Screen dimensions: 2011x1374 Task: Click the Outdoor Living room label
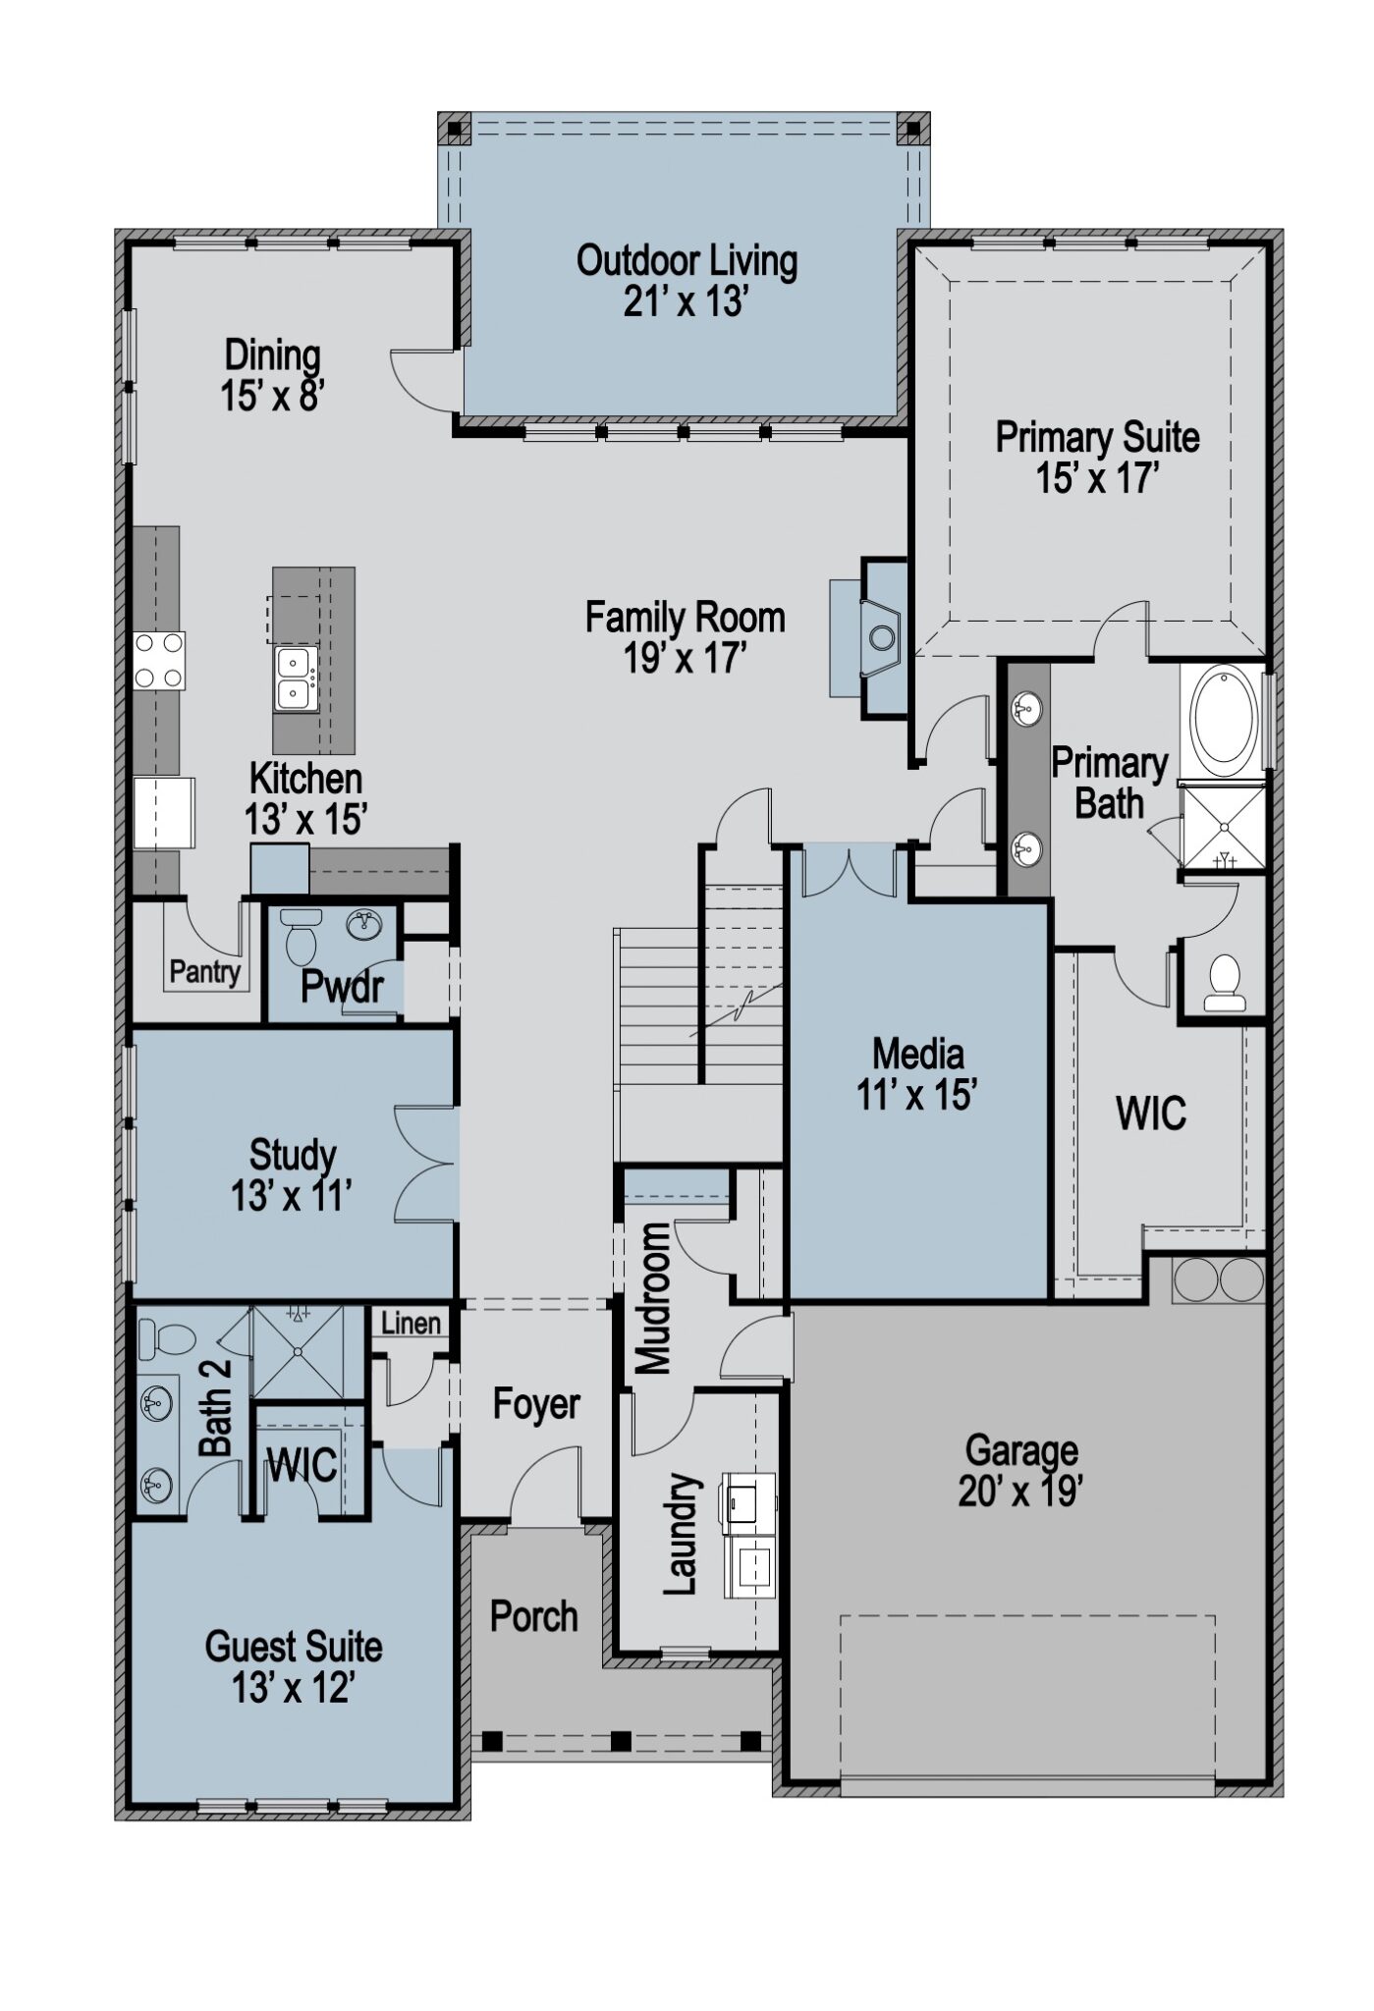pyautogui.click(x=686, y=261)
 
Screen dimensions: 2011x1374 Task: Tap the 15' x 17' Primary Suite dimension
pyautogui.click(x=1097, y=479)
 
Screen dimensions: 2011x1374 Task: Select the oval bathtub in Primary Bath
pyautogui.click(x=1223, y=716)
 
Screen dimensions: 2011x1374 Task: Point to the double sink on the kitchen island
pyautogui.click(x=295, y=679)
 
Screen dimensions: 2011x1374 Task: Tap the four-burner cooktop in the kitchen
pyautogui.click(x=159, y=660)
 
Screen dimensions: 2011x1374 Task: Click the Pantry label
pyautogui.click(x=204, y=972)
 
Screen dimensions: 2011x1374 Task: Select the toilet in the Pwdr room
pyautogui.click(x=300, y=935)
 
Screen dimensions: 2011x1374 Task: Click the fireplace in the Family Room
pyautogui.click(x=882, y=637)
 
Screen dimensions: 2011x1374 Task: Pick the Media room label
pyautogui.click(x=917, y=1054)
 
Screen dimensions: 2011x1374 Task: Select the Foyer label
pyautogui.click(x=536, y=1403)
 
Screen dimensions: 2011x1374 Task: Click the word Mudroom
pyautogui.click(x=653, y=1298)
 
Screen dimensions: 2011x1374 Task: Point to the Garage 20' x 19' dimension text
pyautogui.click(x=1020, y=1492)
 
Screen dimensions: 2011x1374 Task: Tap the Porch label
pyautogui.click(x=533, y=1615)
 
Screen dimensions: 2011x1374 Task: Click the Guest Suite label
pyautogui.click(x=293, y=1646)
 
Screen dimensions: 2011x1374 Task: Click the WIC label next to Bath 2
pyautogui.click(x=302, y=1465)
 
